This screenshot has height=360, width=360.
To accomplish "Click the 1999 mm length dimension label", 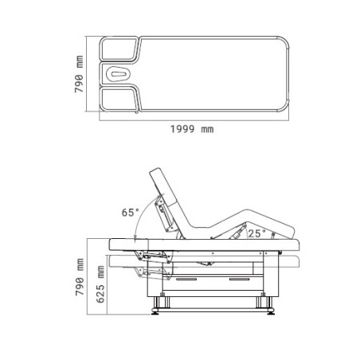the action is tap(192, 129).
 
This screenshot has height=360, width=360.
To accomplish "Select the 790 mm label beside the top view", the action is tap(79, 74).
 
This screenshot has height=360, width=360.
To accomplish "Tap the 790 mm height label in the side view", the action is tap(80, 277).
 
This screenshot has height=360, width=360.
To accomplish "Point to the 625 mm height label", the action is tap(100, 284).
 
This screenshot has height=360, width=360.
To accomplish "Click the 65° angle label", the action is tap(131, 213).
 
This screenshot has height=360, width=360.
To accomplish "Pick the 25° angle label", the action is tap(256, 233).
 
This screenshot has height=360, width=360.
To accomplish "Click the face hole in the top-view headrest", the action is tap(119, 74).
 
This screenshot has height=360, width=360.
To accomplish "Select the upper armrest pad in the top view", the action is tap(119, 49).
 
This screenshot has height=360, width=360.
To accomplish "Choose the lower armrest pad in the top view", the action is tap(119, 100).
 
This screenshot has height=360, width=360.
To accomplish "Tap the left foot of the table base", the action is tap(155, 311).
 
